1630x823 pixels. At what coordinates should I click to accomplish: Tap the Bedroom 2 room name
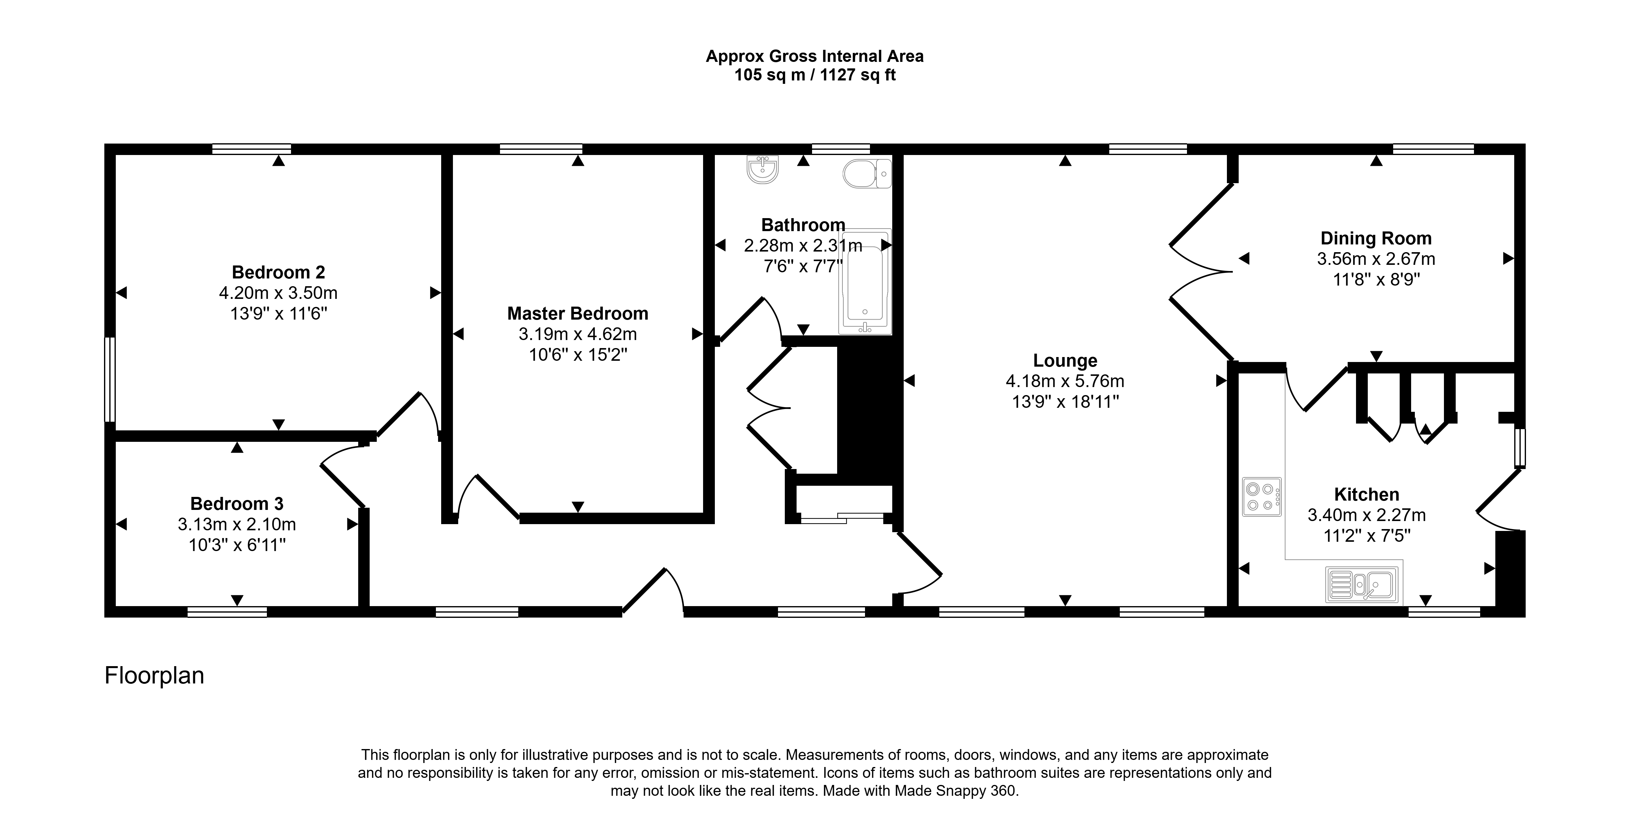[278, 273]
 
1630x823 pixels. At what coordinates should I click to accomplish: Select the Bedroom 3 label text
[237, 504]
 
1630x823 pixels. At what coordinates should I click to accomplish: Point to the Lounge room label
[1065, 360]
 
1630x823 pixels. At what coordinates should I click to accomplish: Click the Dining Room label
[1376, 239]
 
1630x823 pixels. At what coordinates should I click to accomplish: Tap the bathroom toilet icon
[867, 173]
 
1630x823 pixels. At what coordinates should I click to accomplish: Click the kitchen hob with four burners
[1261, 497]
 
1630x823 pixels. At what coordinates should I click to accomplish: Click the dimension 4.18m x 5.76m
[1065, 381]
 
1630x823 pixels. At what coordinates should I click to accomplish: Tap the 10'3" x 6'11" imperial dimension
[237, 545]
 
